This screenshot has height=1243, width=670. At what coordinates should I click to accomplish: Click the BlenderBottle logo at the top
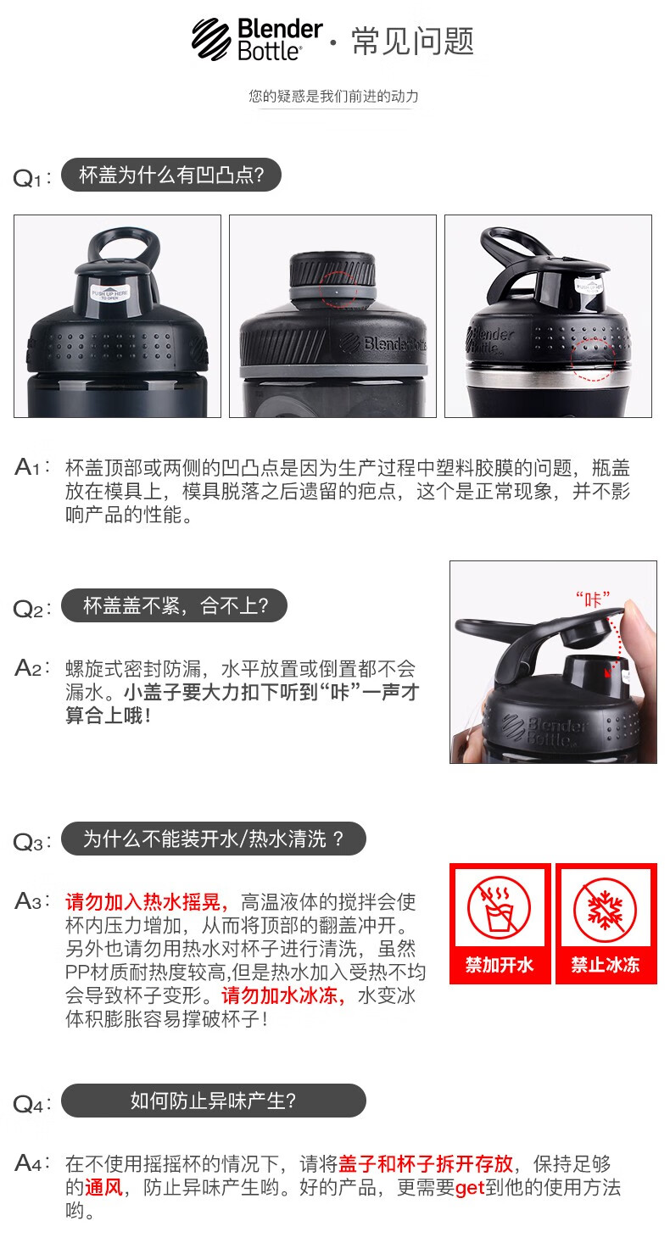click(x=257, y=39)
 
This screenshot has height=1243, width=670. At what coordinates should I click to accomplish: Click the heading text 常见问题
click(x=413, y=41)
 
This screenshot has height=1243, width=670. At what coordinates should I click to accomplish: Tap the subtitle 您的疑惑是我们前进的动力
click(x=333, y=97)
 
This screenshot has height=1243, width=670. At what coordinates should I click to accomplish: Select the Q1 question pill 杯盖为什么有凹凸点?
click(x=171, y=176)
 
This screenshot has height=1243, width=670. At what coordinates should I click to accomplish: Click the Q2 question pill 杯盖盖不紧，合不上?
click(x=175, y=605)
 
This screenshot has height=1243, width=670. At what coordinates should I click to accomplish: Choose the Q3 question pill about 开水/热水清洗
click(x=214, y=839)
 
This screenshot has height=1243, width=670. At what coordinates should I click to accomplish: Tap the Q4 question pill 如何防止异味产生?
click(x=214, y=1101)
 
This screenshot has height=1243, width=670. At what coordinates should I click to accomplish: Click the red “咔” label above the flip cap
click(x=592, y=599)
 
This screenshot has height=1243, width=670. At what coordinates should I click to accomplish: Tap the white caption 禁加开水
click(x=499, y=965)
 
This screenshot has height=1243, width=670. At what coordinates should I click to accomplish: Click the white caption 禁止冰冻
click(x=606, y=965)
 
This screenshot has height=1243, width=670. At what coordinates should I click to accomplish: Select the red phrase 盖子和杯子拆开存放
click(x=426, y=1163)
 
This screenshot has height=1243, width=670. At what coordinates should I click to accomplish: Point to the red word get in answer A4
click(x=470, y=1189)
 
